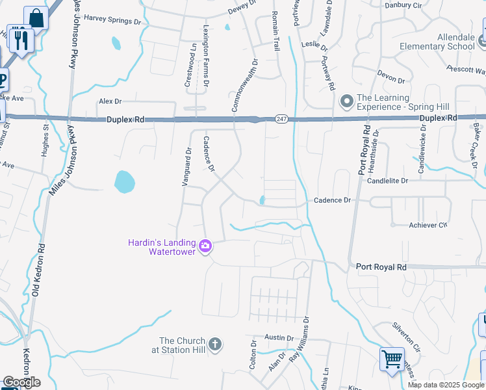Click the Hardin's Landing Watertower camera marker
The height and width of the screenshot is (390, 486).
[205, 246]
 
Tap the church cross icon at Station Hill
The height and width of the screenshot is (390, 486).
[215, 343]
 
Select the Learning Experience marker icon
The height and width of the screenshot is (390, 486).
[346, 101]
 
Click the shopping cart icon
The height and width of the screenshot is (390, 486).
[392, 358]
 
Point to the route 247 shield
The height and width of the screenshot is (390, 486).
[281, 119]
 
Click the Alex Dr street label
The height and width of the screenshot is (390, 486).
[110, 101]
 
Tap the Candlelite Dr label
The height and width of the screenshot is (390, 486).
[387, 181]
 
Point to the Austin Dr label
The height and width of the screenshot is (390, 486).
[279, 338]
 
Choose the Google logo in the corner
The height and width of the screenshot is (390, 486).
[21, 382]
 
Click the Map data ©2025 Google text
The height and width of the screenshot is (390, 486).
[446, 385]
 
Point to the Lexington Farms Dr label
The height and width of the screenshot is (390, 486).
[205, 57]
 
